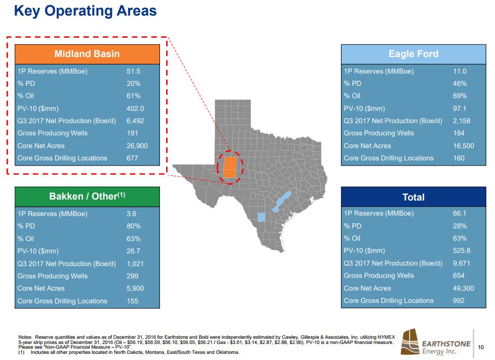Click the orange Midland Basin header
[x=87, y=54]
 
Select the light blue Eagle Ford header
[x=413, y=54]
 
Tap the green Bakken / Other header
[x=87, y=196]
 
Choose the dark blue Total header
[x=413, y=197]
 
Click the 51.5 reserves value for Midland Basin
[x=134, y=71]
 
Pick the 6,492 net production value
[x=135, y=121]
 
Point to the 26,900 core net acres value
[x=137, y=146]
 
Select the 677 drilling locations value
[x=132, y=158]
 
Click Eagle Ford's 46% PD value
[x=460, y=84]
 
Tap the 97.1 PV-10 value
[x=460, y=109]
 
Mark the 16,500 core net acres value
[x=463, y=146]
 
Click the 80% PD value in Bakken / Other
[x=134, y=226]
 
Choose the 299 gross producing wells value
[x=132, y=276]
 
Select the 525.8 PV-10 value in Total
[x=461, y=251]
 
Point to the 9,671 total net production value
[x=461, y=263]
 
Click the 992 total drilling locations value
[x=459, y=301]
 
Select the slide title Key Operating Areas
[x=85, y=10]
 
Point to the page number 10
[x=481, y=348]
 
